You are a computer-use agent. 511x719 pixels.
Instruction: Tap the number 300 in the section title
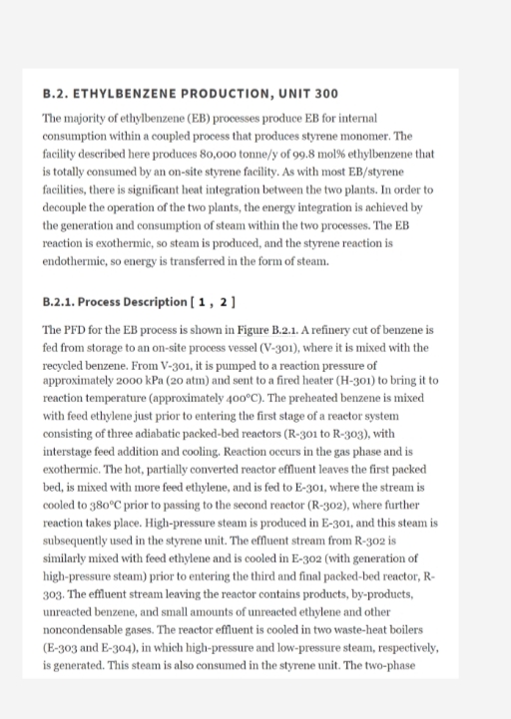click(x=324, y=94)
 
